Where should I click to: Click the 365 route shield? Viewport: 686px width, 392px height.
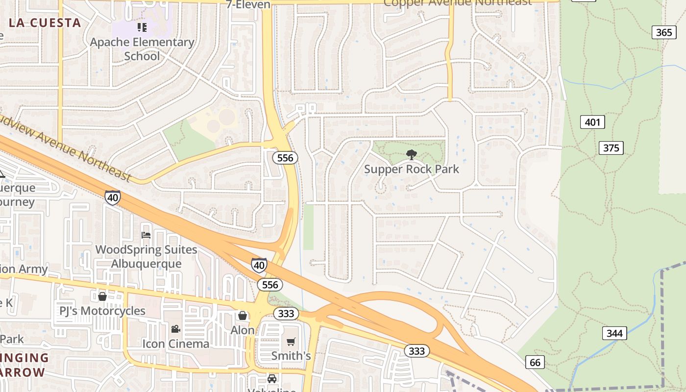(x=664, y=32)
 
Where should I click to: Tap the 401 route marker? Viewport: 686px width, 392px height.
(x=592, y=122)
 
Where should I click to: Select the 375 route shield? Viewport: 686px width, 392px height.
(x=611, y=147)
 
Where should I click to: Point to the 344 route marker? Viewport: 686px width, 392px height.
(x=614, y=334)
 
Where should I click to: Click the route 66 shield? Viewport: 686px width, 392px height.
(x=535, y=363)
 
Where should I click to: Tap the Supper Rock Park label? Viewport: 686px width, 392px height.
(x=412, y=169)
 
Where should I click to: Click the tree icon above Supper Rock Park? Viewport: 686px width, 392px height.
(x=412, y=155)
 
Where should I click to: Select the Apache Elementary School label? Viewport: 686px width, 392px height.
(x=142, y=49)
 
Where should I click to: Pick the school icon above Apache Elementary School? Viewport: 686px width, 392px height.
(x=142, y=27)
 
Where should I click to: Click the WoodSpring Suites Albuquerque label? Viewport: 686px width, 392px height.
(x=146, y=256)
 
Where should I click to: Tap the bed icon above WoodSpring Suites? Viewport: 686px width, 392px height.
(x=146, y=235)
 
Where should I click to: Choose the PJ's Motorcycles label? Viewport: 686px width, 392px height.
(x=102, y=311)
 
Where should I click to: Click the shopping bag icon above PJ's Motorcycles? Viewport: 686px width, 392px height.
(x=102, y=296)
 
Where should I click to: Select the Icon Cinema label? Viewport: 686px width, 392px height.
(x=175, y=343)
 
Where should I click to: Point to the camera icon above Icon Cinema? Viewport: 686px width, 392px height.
(x=175, y=329)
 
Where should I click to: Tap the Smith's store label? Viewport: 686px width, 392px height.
(x=291, y=356)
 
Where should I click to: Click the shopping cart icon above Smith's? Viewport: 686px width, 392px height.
(x=291, y=341)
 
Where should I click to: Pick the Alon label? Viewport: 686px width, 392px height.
(x=243, y=330)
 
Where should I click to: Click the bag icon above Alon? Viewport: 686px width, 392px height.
(x=243, y=316)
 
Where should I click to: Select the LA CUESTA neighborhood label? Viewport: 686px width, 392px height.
(x=45, y=23)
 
